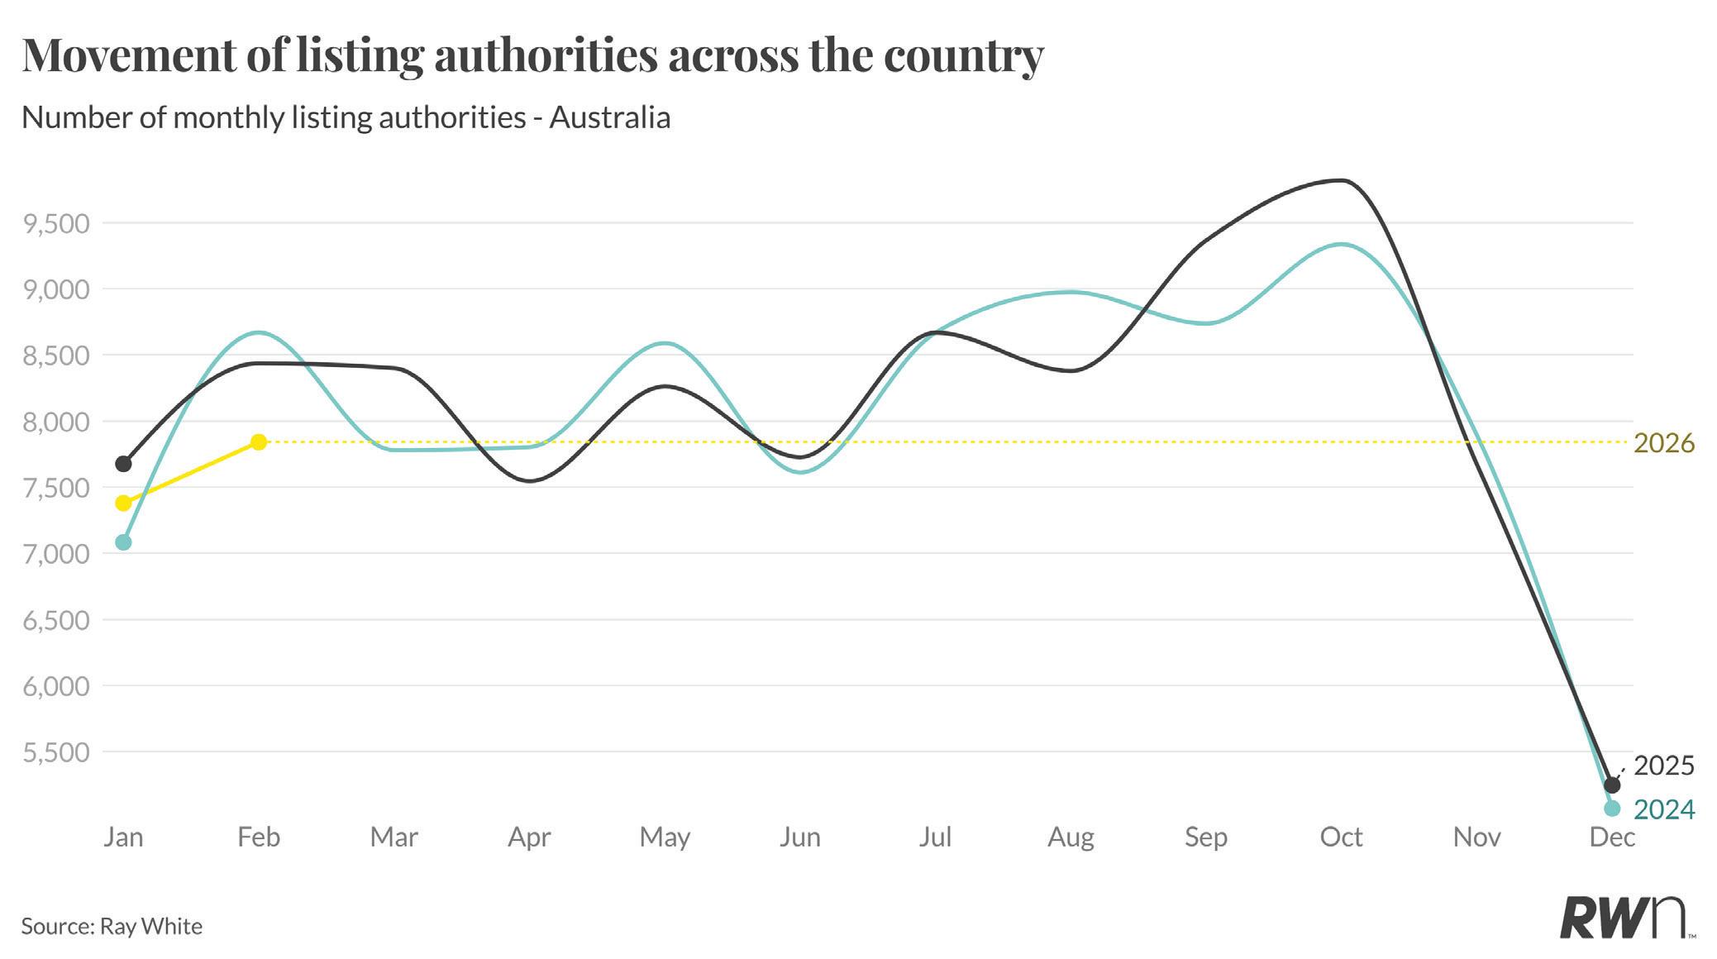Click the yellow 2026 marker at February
(259, 442)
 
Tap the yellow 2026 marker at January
(123, 503)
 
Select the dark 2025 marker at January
(123, 464)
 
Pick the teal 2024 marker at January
(123, 542)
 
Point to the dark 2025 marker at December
(1611, 785)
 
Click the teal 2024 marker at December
(1611, 808)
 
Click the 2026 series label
(1664, 444)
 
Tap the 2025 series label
(1664, 766)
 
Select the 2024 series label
(1664, 809)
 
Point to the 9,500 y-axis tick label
(56, 224)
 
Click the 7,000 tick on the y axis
(56, 554)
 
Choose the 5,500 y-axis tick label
(56, 752)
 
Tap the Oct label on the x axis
(1341, 837)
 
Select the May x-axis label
(665, 837)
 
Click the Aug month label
(1071, 837)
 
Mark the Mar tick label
(393, 837)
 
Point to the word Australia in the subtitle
(609, 117)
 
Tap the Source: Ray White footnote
(112, 926)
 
